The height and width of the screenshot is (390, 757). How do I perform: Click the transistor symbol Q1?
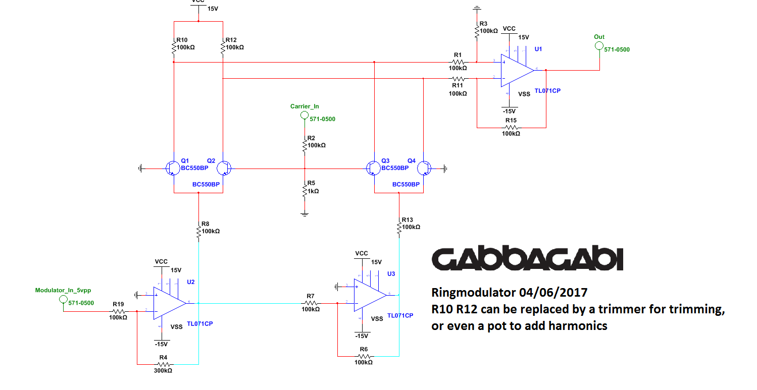(172, 168)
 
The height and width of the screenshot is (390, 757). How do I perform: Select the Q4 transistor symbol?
(425, 168)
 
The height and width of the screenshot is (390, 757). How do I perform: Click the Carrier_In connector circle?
(304, 116)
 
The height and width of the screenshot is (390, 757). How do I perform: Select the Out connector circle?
(599, 46)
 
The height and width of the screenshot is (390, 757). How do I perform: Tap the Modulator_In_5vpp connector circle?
(63, 299)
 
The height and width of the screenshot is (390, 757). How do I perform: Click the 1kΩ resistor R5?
(304, 191)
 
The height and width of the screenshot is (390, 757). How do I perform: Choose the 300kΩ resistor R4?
(163, 363)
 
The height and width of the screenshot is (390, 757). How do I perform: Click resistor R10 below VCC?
(174, 48)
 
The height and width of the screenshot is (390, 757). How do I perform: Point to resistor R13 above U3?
(399, 228)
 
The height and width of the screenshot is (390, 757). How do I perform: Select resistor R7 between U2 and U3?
(310, 303)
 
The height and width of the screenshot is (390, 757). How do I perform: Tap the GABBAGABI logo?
(528, 259)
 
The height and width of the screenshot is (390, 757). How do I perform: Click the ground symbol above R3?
(476, 9)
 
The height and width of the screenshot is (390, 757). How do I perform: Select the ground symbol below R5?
(304, 214)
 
